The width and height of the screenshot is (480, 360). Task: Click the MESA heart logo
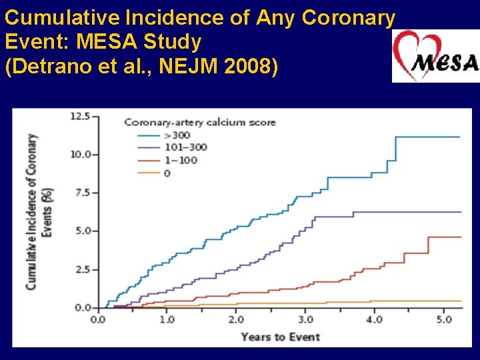click(435, 57)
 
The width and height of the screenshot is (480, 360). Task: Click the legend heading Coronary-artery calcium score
click(199, 122)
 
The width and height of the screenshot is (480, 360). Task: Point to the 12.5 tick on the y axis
click(80, 116)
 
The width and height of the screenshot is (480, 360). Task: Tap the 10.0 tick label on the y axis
click(80, 155)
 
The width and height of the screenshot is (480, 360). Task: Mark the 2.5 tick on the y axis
click(82, 270)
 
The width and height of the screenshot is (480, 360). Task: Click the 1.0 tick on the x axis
click(167, 319)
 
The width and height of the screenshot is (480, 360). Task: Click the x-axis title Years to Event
click(280, 336)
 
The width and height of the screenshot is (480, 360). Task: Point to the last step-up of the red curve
click(428, 245)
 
